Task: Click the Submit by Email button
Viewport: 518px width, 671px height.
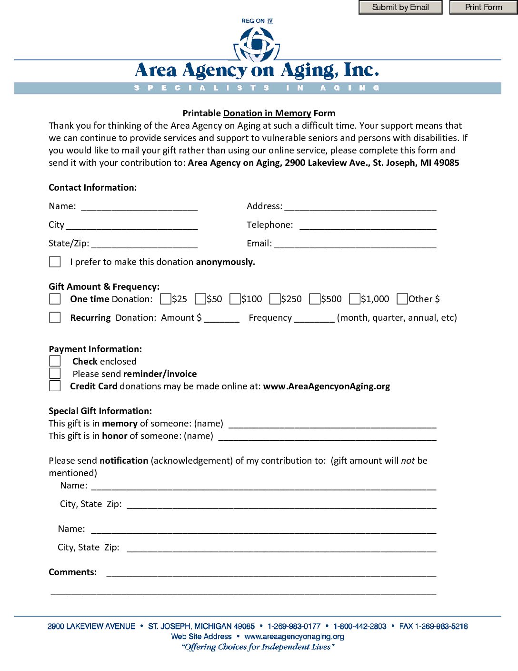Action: (x=400, y=7)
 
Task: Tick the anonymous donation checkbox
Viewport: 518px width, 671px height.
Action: (x=55, y=262)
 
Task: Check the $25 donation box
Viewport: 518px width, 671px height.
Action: (x=166, y=299)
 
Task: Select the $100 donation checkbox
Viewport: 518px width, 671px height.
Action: (x=235, y=299)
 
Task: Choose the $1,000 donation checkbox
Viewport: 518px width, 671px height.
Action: (x=354, y=299)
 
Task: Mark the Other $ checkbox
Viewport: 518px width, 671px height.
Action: (x=402, y=299)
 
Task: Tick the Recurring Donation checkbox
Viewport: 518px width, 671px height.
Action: (x=55, y=317)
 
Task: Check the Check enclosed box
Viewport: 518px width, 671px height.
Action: (x=55, y=361)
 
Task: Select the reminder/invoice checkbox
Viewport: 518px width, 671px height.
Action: (x=55, y=374)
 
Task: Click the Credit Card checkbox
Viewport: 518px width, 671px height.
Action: (x=55, y=386)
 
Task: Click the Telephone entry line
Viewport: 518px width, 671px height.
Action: (x=368, y=225)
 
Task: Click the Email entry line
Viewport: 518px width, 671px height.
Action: (x=355, y=244)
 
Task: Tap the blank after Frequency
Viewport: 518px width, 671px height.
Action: (x=314, y=318)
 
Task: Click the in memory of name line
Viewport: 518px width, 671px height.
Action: (x=332, y=424)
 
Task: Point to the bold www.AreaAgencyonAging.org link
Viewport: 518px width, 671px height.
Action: (x=326, y=386)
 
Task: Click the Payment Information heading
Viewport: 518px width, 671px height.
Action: (x=95, y=349)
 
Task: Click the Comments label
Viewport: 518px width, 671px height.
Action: (x=72, y=572)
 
